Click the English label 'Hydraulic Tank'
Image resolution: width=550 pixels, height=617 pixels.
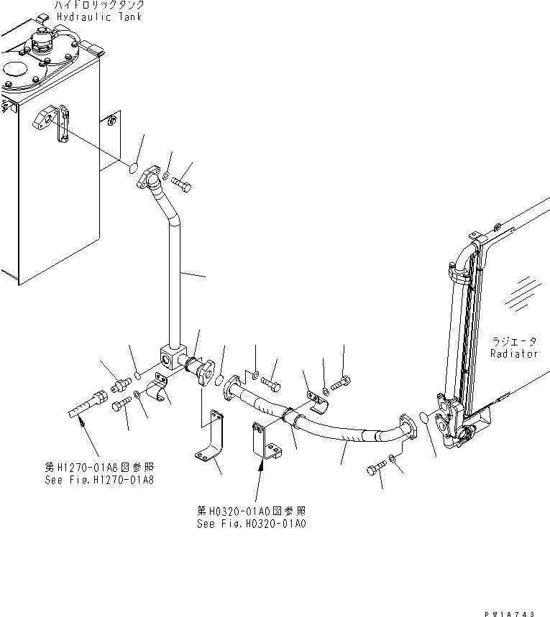point(100,17)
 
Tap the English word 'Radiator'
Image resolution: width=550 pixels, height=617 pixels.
point(514,353)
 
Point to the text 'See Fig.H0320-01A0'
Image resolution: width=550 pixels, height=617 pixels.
point(251,524)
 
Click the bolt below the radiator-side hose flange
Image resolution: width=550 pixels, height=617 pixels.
point(376,468)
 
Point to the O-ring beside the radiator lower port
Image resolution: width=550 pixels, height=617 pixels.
point(423,418)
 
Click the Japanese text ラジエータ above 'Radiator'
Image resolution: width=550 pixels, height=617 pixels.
point(515,341)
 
